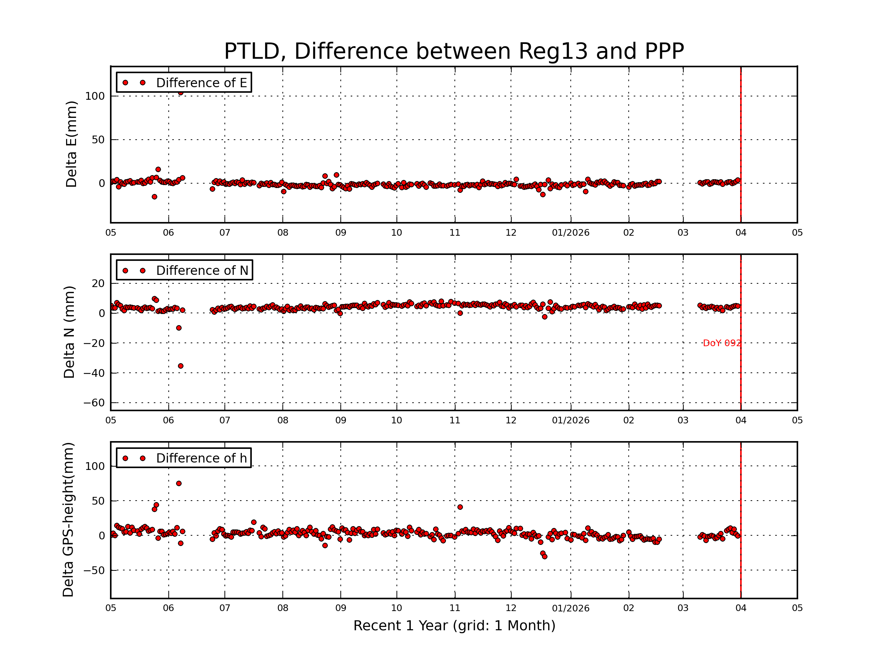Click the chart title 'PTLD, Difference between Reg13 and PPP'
coord(453,51)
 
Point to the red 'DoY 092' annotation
coord(721,343)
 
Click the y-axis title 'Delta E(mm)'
coord(71,144)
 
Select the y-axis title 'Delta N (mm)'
coord(69,332)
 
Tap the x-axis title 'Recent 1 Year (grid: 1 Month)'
coord(454,626)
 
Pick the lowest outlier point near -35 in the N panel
coord(181,366)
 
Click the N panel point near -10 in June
coord(179,328)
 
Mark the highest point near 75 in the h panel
coord(179,483)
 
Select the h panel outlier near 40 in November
coord(460,507)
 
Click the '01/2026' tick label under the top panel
coord(570,233)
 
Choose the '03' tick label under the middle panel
coord(683,420)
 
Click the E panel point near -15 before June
coord(154,197)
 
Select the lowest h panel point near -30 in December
coord(545,556)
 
